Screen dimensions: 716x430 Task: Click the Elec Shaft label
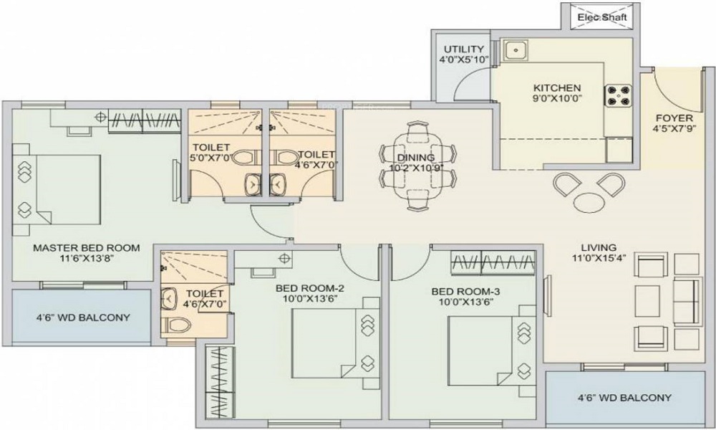pos(602,17)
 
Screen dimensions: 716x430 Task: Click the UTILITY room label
pos(464,49)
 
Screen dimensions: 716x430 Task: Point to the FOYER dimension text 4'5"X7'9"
pos(674,128)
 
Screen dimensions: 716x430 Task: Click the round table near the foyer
pos(588,203)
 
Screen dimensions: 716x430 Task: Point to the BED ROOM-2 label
pos(309,288)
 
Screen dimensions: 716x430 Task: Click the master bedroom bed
pos(56,190)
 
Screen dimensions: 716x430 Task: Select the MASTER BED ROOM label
pos(87,248)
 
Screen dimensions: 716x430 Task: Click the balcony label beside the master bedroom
pos(83,317)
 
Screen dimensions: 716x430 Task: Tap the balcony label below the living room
pos(624,398)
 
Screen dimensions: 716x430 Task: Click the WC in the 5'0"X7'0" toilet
pos(245,157)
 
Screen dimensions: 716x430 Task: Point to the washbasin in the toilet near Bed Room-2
pos(169,299)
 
